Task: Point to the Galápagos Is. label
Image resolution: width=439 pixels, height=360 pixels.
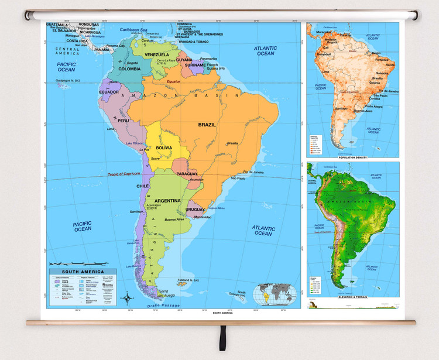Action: [73, 80]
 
